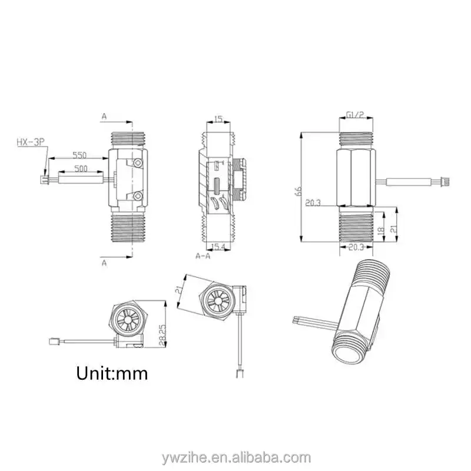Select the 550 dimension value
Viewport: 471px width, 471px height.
pyautogui.click(x=79, y=155)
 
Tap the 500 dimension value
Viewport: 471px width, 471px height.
pyautogui.click(x=81, y=168)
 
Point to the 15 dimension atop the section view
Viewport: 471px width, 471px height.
pyautogui.click(x=218, y=119)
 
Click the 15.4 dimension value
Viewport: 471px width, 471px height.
pyautogui.click(x=218, y=247)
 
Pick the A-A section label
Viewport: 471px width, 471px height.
pyautogui.click(x=203, y=256)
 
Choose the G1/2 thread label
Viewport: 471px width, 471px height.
pyautogui.click(x=356, y=114)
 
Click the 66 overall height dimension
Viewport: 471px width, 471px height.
pyautogui.click(x=298, y=191)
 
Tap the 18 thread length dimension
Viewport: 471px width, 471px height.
pyautogui.click(x=380, y=231)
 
